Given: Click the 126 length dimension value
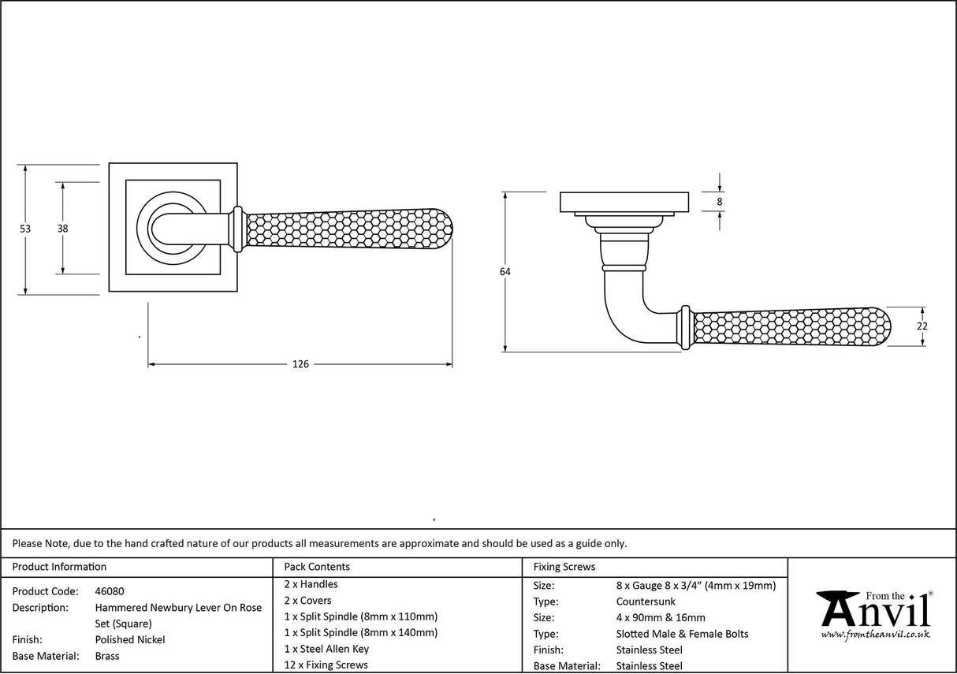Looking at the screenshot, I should [x=300, y=364].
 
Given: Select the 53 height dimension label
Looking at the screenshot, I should [x=25, y=229].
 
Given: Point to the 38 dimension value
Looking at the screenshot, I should [x=62, y=229].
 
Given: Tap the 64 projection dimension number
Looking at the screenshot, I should [x=505, y=272].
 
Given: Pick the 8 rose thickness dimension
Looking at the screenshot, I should [x=720, y=202].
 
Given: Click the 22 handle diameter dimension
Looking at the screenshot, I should [x=922, y=326].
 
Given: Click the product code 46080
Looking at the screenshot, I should [x=110, y=591].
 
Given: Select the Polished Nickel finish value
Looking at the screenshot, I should [x=130, y=640].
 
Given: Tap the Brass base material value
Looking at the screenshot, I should [x=107, y=656].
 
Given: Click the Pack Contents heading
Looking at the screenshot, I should [x=317, y=567].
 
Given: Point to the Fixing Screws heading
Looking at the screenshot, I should [x=564, y=567].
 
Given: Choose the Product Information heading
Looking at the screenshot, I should [x=60, y=567].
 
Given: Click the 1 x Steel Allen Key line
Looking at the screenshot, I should [x=326, y=649].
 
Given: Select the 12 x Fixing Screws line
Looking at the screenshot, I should [x=326, y=665].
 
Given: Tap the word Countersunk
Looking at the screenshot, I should [x=646, y=601].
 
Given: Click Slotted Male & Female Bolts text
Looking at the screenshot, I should [x=682, y=634].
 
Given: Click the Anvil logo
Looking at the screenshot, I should [x=874, y=611].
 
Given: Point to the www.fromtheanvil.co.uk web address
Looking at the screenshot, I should [x=875, y=635].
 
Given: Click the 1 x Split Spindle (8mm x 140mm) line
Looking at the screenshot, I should [x=360, y=632].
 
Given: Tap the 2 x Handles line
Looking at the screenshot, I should [x=311, y=584].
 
